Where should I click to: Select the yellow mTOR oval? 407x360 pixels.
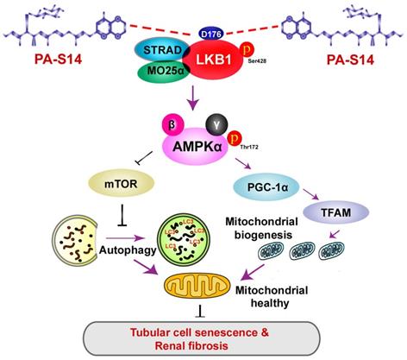click(119, 182)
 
